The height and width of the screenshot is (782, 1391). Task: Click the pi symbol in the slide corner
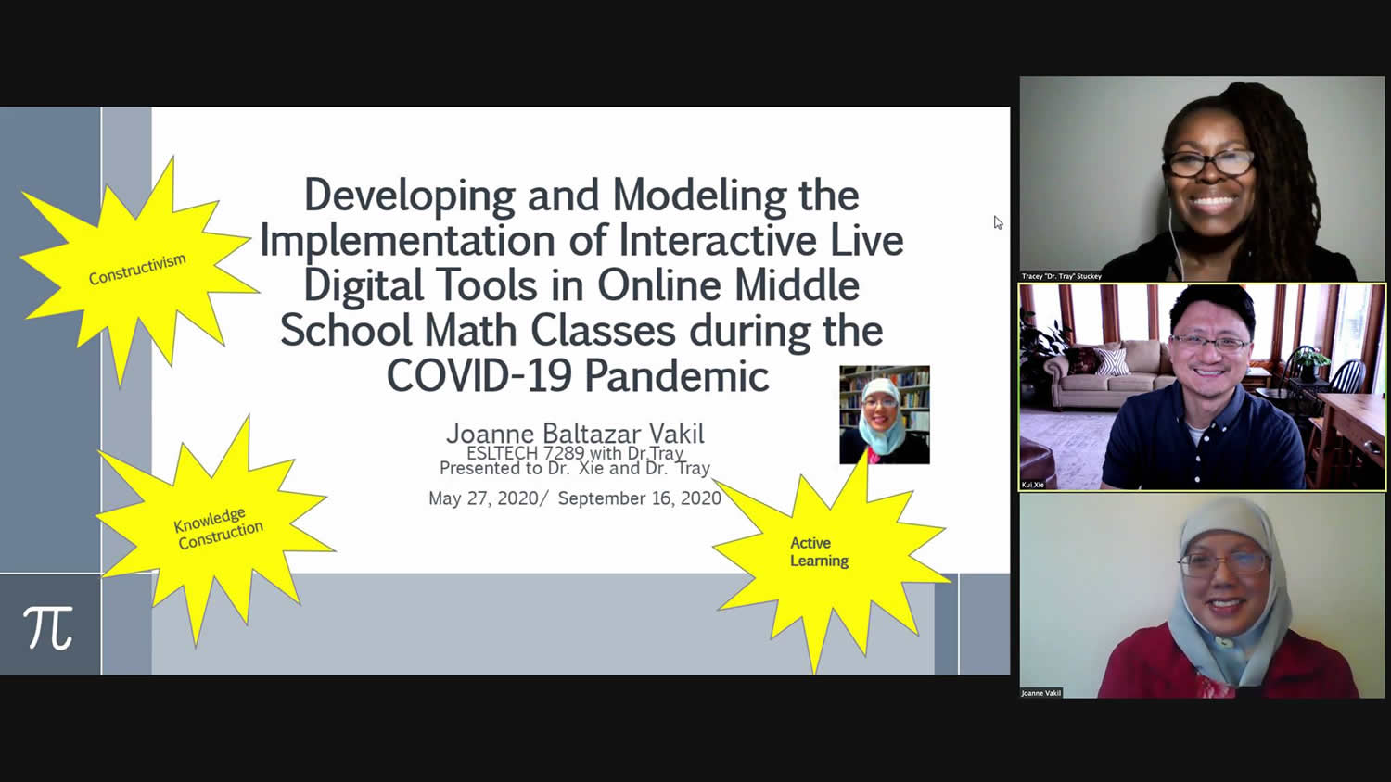pyautogui.click(x=48, y=627)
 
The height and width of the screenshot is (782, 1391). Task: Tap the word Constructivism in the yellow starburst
pyautogui.click(x=137, y=270)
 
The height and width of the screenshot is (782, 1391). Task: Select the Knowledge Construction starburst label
pyautogui.click(x=218, y=529)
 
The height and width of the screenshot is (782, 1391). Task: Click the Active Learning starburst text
pyautogui.click(x=819, y=551)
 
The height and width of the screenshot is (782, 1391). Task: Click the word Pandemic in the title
pyautogui.click(x=677, y=375)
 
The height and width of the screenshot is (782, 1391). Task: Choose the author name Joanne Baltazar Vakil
pyautogui.click(x=575, y=434)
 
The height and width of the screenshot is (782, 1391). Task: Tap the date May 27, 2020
pyautogui.click(x=483, y=498)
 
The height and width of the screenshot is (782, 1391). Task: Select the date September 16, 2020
pyautogui.click(x=640, y=498)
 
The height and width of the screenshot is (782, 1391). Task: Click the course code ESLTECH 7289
pyautogui.click(x=526, y=453)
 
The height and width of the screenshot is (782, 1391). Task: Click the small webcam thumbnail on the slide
pyautogui.click(x=885, y=414)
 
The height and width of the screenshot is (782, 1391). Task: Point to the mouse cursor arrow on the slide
pyautogui.click(x=998, y=222)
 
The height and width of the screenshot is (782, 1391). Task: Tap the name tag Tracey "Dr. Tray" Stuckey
pyautogui.click(x=1061, y=276)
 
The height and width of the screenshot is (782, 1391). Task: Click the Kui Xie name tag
pyautogui.click(x=1033, y=485)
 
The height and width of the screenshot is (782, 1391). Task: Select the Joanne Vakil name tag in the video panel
pyautogui.click(x=1040, y=693)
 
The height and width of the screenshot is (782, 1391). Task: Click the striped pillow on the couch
pyautogui.click(x=1113, y=361)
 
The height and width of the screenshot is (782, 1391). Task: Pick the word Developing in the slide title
pyautogui.click(x=409, y=196)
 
